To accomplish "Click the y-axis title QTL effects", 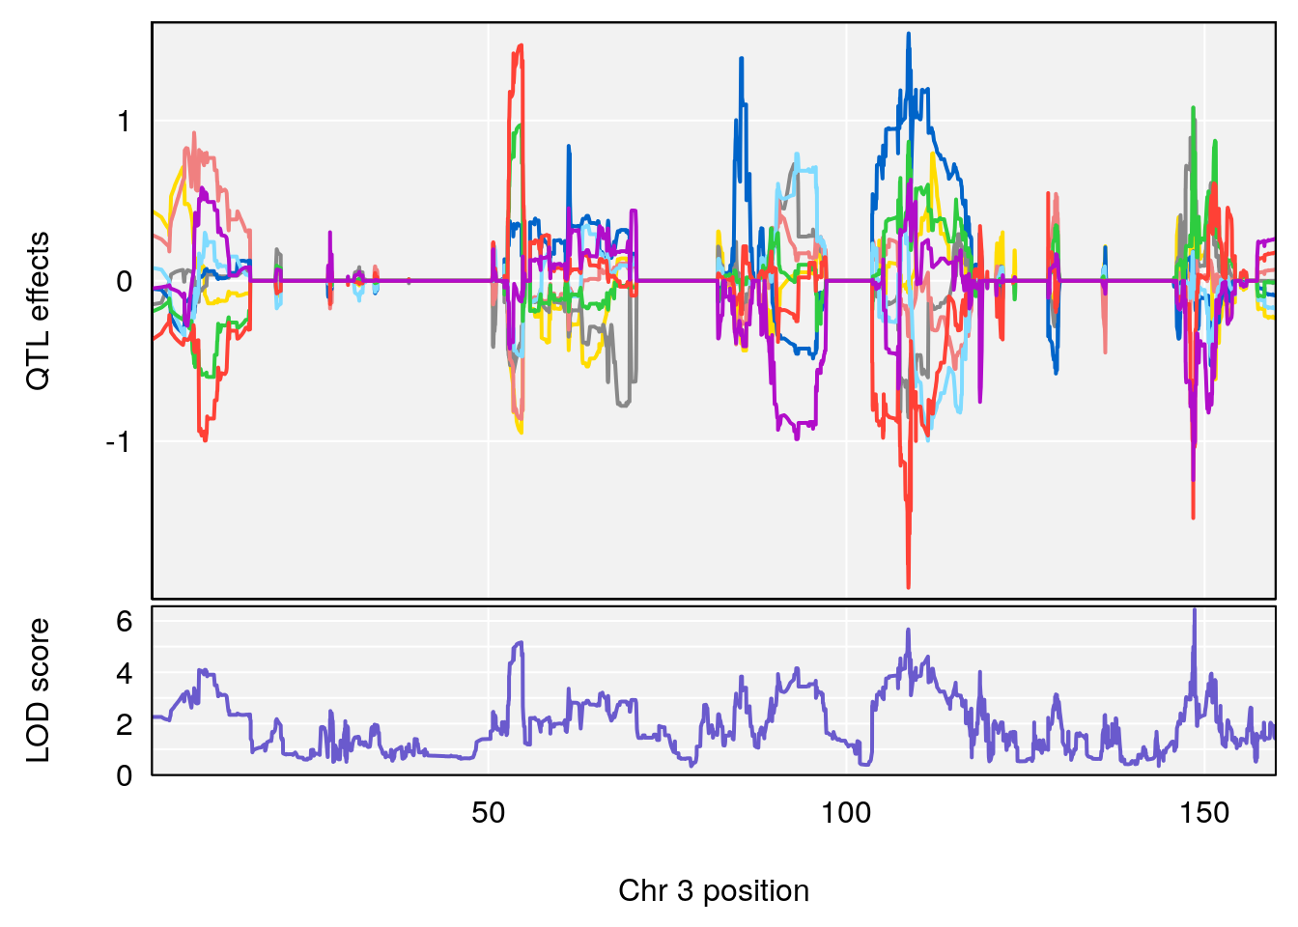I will (38, 310).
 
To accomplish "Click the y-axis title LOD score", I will (38, 690).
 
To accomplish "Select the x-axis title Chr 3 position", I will (714, 890).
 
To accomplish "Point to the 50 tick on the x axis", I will (489, 813).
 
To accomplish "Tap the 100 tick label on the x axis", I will (846, 813).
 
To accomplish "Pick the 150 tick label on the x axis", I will (1204, 813).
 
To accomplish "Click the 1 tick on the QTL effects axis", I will (125, 122).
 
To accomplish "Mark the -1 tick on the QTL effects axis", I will (118, 442).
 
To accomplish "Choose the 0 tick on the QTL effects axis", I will (125, 282).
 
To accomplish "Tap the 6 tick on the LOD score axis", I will (125, 621).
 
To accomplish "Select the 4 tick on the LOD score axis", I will (125, 673).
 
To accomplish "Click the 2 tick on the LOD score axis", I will (125, 724).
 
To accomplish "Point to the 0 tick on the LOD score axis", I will (125, 775).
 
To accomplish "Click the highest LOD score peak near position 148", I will (1195, 609).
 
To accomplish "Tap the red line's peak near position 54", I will (522, 44).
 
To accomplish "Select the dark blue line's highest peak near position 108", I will (908, 34).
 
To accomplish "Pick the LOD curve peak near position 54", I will (521, 642).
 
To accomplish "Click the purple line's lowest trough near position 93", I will (797, 438).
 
